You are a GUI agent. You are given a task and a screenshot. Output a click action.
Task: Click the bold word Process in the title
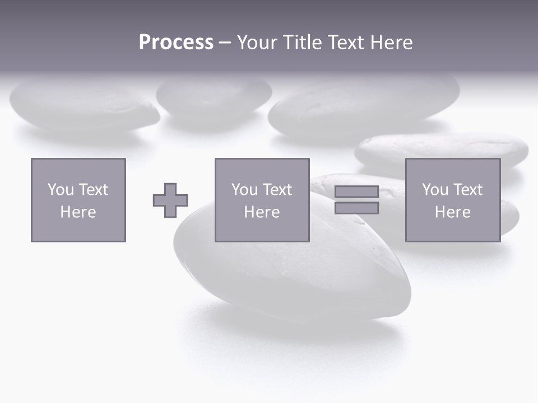tap(176, 43)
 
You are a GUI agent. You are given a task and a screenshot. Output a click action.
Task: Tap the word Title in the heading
tap(303, 43)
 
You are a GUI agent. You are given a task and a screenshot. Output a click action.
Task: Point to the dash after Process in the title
tap(225, 43)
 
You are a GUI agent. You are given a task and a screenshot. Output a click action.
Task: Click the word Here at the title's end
tap(392, 43)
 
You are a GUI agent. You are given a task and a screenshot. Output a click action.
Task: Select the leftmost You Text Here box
tap(78, 200)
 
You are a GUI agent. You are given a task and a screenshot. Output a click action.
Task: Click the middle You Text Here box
tap(262, 200)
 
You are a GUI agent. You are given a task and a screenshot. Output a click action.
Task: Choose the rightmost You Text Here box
tap(453, 200)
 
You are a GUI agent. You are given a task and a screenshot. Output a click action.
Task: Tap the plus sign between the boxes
tap(170, 200)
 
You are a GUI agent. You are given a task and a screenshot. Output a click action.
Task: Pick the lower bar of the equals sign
tap(356, 208)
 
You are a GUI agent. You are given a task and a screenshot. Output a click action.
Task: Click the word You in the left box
tap(60, 190)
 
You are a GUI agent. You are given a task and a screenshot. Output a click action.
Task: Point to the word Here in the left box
tap(78, 212)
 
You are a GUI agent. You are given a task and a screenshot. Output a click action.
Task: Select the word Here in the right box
tap(453, 212)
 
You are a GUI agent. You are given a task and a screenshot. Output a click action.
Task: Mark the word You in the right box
tap(434, 190)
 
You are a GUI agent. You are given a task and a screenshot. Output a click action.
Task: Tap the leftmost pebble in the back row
tap(84, 104)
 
